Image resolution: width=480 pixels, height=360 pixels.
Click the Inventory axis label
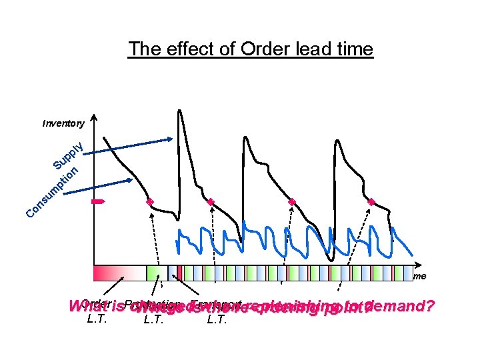click(63, 123)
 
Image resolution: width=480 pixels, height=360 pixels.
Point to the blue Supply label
click(69, 155)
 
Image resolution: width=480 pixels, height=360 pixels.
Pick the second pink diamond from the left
click(211, 201)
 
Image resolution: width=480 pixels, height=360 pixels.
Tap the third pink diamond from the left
click(291, 201)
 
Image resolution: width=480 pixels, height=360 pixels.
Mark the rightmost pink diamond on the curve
click(371, 201)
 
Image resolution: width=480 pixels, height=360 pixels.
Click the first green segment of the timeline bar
click(154, 273)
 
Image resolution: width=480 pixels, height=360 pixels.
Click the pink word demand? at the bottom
click(404, 307)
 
